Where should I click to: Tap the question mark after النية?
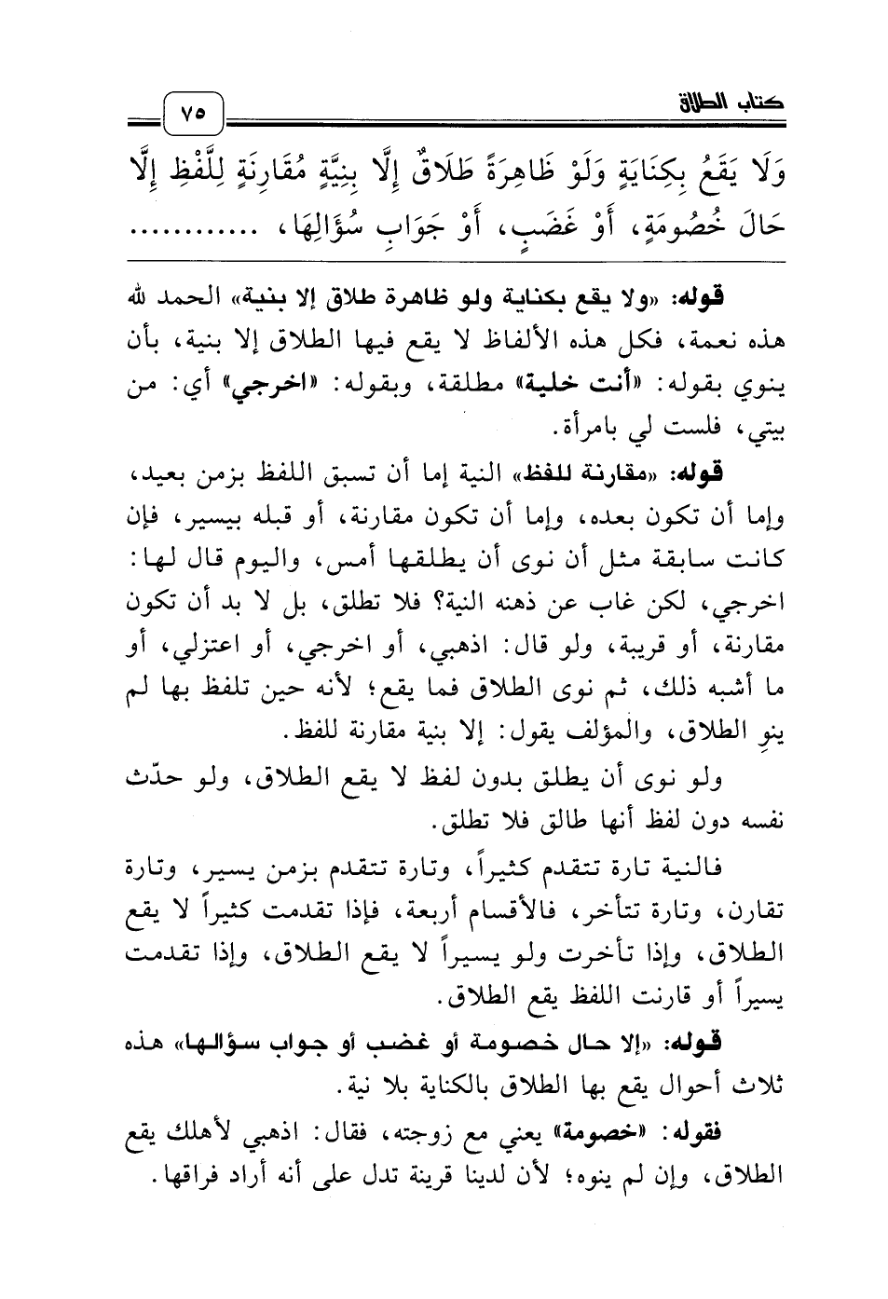[x=414, y=602]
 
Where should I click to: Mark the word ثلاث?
[x=762, y=1085]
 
